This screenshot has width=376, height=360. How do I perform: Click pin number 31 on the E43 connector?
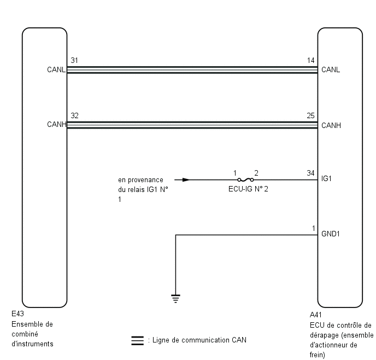click(x=74, y=60)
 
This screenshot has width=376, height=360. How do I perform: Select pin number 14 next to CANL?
click(x=311, y=60)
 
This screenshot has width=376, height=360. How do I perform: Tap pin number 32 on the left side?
click(x=74, y=115)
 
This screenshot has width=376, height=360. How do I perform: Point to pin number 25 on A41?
click(x=311, y=115)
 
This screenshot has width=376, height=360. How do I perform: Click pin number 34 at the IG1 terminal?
click(x=311, y=173)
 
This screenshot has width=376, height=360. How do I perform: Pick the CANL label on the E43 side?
click(x=56, y=69)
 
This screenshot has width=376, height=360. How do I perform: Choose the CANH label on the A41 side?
click(x=331, y=125)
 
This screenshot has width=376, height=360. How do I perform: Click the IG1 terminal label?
click(x=326, y=178)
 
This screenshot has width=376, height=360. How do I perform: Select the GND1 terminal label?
click(x=331, y=234)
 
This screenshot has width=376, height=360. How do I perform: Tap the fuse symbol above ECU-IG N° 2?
click(x=245, y=180)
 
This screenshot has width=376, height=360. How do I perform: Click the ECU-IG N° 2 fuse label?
click(x=248, y=189)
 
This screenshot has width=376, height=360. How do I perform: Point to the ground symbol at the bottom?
click(x=176, y=299)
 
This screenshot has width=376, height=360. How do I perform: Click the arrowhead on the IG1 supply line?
click(x=186, y=180)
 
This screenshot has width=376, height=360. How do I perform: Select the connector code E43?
click(x=17, y=313)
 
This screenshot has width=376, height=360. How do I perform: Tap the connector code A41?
click(x=316, y=315)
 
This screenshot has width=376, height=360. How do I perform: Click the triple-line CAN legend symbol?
click(x=138, y=340)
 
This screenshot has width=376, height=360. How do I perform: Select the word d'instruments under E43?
click(x=32, y=344)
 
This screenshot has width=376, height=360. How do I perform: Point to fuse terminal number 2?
click(x=256, y=173)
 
